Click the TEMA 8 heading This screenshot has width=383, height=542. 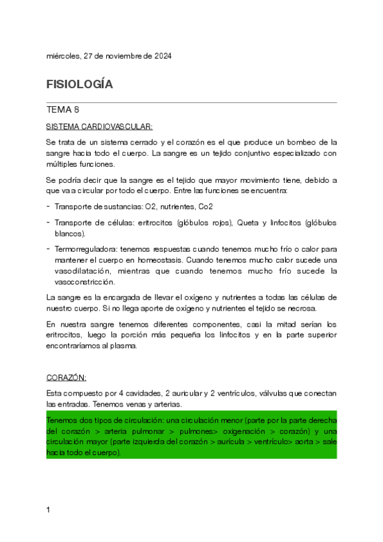pyautogui.click(x=63, y=110)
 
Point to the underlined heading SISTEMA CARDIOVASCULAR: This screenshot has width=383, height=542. pyautogui.click(x=99, y=127)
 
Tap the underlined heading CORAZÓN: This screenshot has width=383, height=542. pyautogui.click(x=66, y=377)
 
